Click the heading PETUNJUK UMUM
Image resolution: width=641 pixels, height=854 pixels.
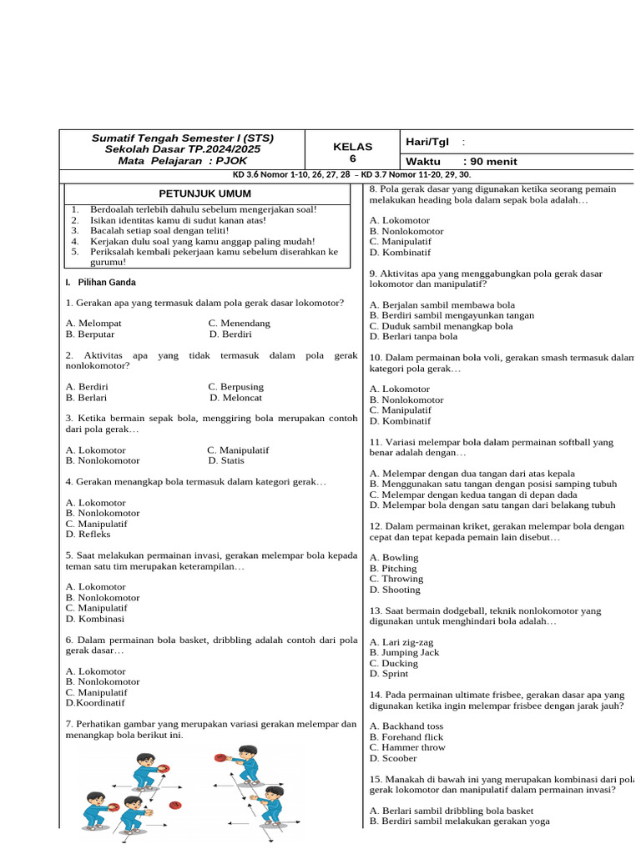coord(204,193)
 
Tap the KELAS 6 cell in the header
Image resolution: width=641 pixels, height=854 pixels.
coord(353,153)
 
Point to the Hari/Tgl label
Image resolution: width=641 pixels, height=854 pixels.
coord(426,142)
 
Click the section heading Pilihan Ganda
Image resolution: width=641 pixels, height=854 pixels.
coord(105,282)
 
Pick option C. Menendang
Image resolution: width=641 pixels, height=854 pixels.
coord(239,324)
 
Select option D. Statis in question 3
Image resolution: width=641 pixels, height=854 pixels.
coord(226,460)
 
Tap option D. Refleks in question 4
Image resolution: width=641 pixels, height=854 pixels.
coord(88,535)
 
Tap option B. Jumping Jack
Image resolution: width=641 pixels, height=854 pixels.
coord(404,652)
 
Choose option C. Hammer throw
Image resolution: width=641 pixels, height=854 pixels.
coord(407,747)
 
